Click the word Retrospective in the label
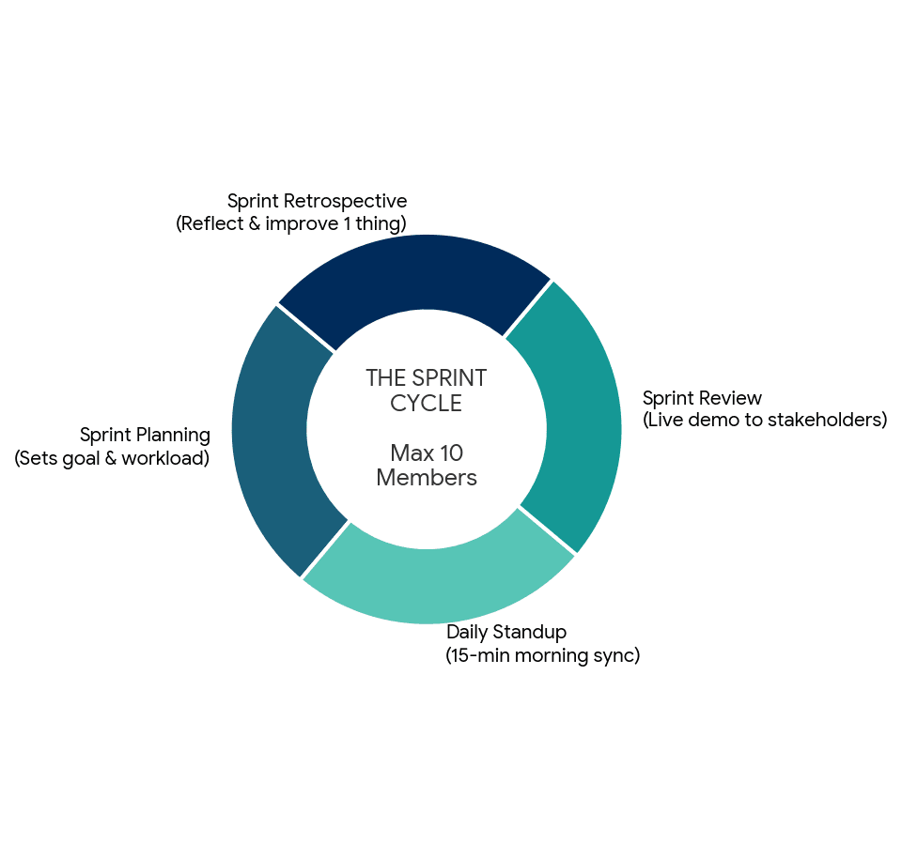pos(345,201)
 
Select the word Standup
pos(530,633)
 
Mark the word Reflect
pos(213,223)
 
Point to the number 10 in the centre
pos(452,453)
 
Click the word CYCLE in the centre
pos(427,404)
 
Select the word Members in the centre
pos(427,478)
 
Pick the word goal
pos(81,459)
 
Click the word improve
pos(302,224)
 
